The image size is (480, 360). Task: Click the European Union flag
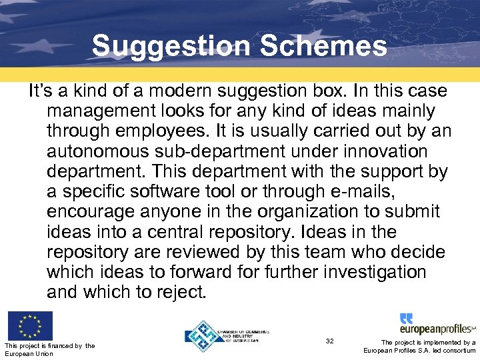(x=30, y=325)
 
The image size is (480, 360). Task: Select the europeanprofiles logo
(x=437, y=324)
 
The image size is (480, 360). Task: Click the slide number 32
(x=329, y=341)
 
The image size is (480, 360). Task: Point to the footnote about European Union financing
(x=49, y=349)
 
